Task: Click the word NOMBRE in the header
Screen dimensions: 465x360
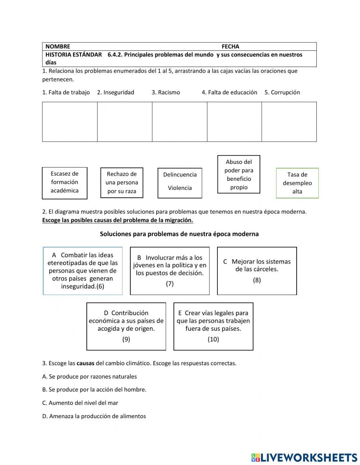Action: (x=58, y=46)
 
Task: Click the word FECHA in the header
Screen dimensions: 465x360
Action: (x=230, y=46)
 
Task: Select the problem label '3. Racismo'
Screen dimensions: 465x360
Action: (x=166, y=92)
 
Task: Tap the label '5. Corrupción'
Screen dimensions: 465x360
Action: (x=282, y=92)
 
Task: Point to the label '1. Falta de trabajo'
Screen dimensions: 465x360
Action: (x=66, y=92)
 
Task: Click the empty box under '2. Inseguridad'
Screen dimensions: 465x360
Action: (x=125, y=122)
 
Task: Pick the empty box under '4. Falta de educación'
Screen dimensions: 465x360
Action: (x=234, y=122)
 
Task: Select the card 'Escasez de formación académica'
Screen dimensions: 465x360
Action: (x=64, y=183)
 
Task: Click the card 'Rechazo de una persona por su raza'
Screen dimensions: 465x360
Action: (x=122, y=183)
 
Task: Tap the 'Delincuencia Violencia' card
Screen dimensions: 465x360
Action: (x=180, y=183)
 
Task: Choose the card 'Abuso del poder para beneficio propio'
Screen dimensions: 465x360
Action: (x=239, y=174)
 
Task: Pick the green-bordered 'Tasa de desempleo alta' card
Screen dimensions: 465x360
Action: (x=297, y=183)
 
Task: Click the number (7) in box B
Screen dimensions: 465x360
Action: (x=170, y=284)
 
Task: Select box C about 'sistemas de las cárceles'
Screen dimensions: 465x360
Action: (x=257, y=270)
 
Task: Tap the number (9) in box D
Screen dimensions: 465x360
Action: (x=126, y=339)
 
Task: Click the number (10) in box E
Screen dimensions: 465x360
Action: (x=213, y=339)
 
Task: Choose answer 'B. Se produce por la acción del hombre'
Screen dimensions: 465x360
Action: (x=94, y=389)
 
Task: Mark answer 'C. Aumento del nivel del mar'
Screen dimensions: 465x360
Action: (x=80, y=403)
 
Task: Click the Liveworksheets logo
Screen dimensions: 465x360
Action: (x=304, y=457)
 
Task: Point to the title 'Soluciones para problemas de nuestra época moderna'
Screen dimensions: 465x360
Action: (x=179, y=234)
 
